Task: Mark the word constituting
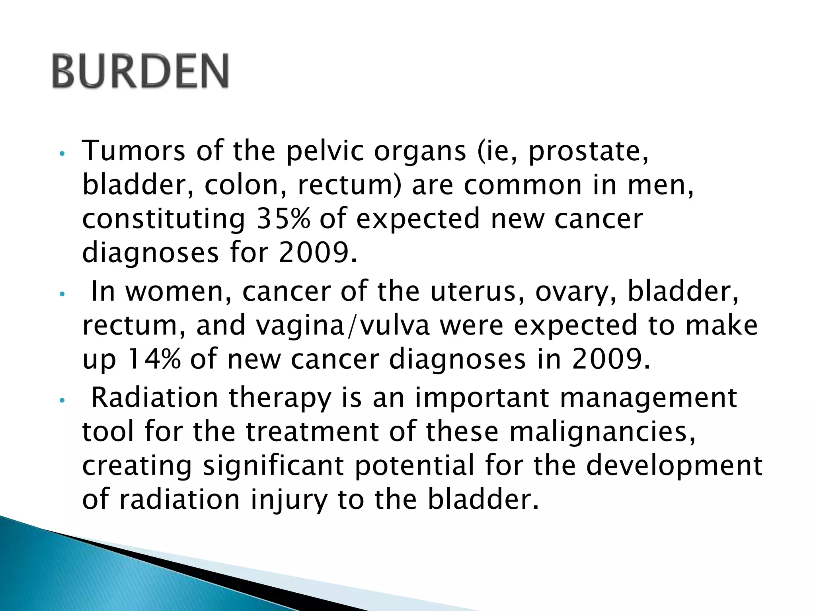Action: click(x=164, y=220)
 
